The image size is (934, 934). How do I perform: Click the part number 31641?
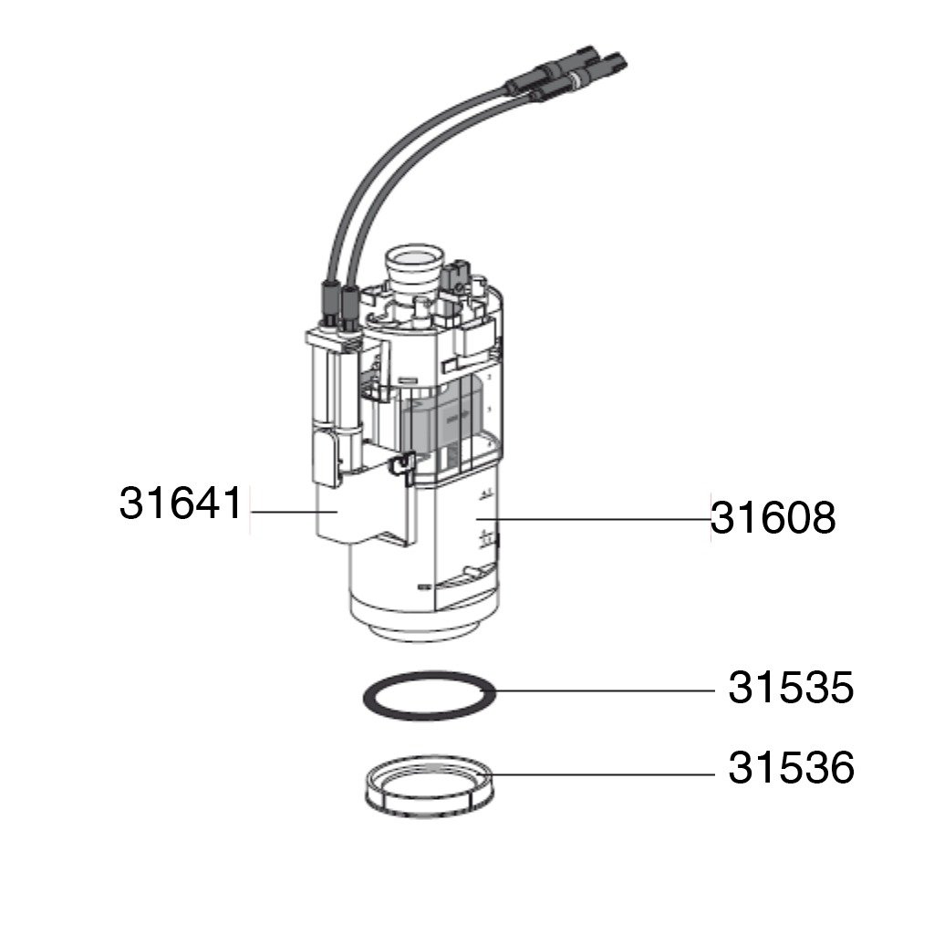point(181,503)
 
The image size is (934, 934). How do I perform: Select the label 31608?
point(773,518)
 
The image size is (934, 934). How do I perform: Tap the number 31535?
point(791,688)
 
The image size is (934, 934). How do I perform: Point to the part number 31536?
point(791,768)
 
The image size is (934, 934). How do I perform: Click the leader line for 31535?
point(604,691)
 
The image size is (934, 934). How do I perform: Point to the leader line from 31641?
point(294,512)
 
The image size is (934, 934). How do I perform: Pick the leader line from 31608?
point(593,519)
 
